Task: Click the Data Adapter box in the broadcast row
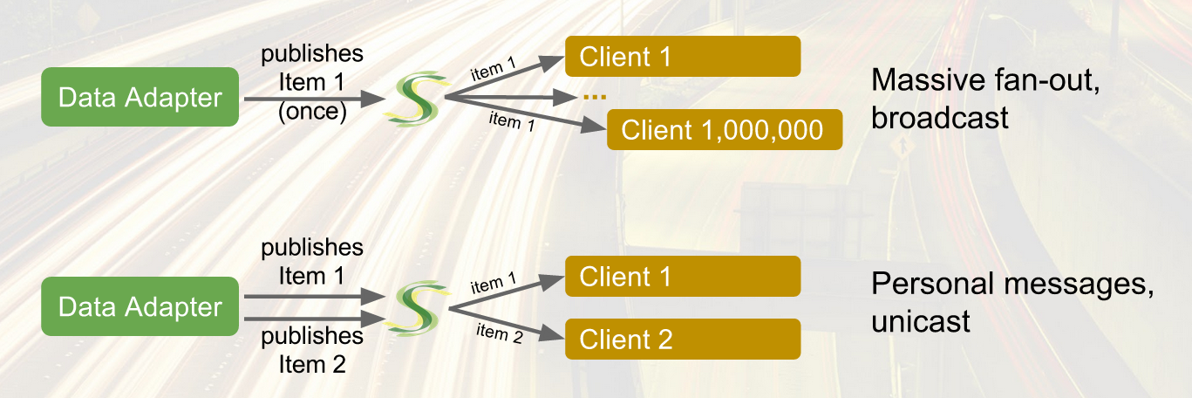point(140,97)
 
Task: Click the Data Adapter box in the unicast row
point(140,306)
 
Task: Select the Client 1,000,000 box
point(724,130)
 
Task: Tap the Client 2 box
point(683,339)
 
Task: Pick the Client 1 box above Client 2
point(683,277)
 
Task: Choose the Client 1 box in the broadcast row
point(683,57)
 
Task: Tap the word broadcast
point(939,116)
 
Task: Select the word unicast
point(920,321)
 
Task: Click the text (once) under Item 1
point(312,113)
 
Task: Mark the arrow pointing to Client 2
point(506,324)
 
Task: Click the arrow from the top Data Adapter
point(314,99)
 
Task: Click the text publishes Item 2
point(312,349)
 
